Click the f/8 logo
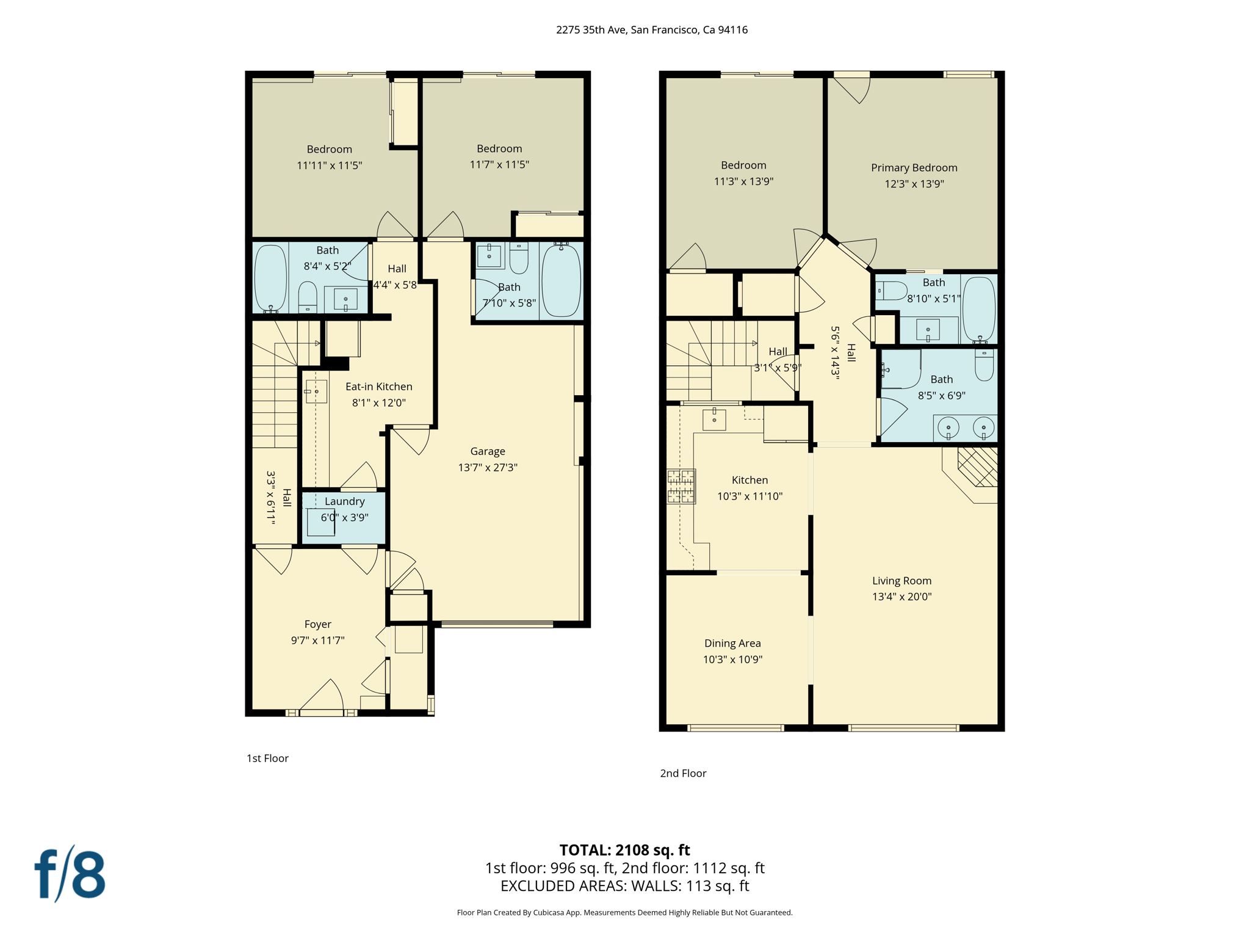[70, 874]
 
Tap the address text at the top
[651, 30]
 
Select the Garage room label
[487, 451]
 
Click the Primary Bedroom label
[914, 168]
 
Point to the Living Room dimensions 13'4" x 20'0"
[901, 597]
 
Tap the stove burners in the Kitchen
[681, 486]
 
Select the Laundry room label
[344, 501]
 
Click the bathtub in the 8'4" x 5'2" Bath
[270, 278]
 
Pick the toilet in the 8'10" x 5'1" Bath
[892, 291]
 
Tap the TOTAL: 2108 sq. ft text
[624, 849]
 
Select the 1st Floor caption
[267, 758]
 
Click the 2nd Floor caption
[683, 773]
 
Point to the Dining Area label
[732, 643]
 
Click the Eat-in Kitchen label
[378, 387]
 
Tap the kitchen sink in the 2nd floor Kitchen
[714, 420]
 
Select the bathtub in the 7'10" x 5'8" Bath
[561, 280]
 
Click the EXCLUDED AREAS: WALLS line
[624, 885]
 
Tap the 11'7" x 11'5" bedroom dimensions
[499, 164]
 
